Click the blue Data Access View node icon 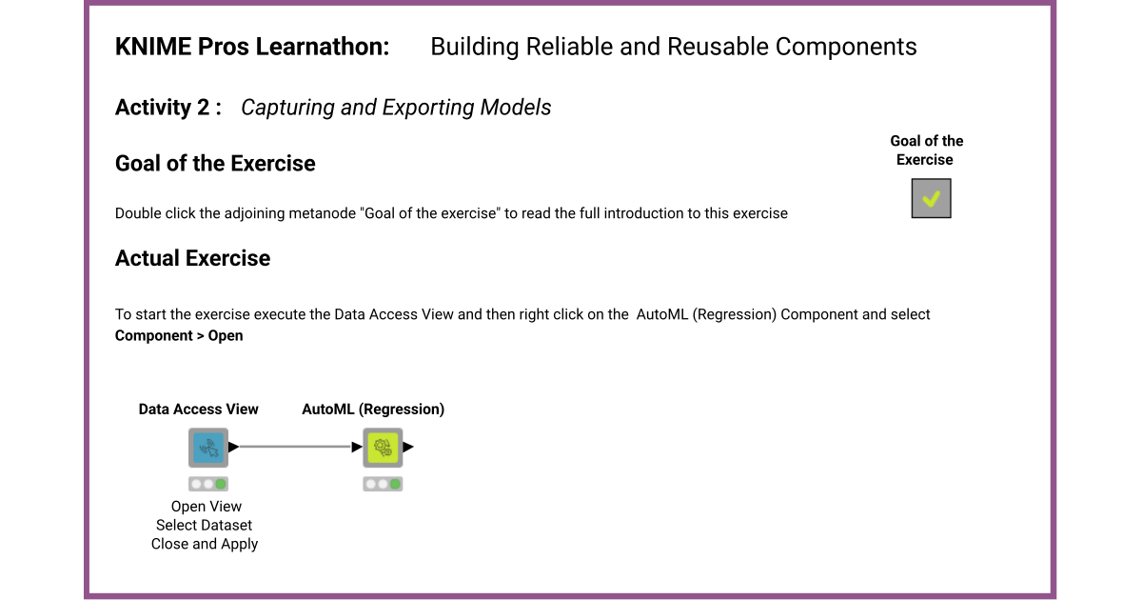point(207,447)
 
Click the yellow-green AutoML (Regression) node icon point(383,447)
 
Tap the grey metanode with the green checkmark point(931,198)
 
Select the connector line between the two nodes point(295,447)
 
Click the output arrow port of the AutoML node point(409,447)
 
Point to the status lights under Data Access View point(207,484)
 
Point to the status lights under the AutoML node point(383,484)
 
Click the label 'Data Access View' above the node point(198,409)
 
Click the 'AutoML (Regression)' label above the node point(373,409)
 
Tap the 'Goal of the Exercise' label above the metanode point(926,150)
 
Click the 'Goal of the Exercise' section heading point(215,164)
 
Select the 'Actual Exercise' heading point(192,259)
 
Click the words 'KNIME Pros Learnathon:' point(252,47)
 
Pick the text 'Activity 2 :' point(168,108)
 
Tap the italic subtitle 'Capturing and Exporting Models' point(396,108)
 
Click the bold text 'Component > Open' point(179,335)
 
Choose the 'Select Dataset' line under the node point(204,525)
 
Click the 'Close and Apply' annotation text point(205,544)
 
